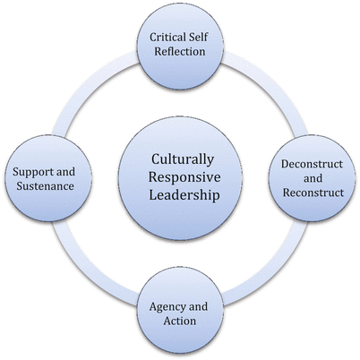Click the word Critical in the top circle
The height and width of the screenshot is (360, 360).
click(x=166, y=37)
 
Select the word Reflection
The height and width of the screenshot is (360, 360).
click(x=180, y=52)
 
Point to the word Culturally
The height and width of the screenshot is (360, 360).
click(x=180, y=159)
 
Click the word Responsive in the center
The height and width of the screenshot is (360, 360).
click(x=180, y=176)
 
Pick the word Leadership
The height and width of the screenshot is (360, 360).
click(x=180, y=194)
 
